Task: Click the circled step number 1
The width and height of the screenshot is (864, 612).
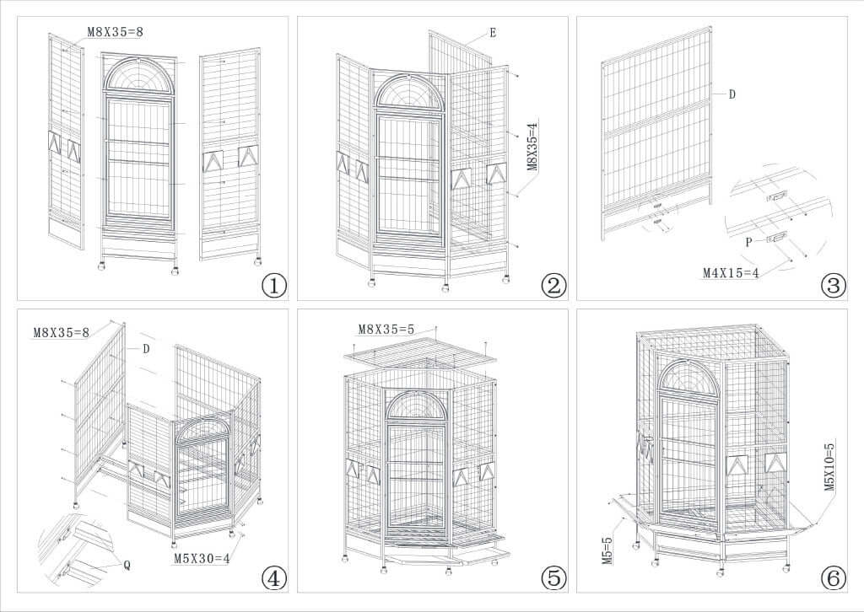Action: (x=274, y=286)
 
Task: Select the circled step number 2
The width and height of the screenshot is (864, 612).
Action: (x=553, y=286)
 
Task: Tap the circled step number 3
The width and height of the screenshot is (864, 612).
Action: (x=833, y=286)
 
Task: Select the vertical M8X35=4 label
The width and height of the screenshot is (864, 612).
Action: (x=532, y=148)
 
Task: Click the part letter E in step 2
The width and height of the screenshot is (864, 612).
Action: (x=491, y=35)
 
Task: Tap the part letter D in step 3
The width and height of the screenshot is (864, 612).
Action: (x=732, y=94)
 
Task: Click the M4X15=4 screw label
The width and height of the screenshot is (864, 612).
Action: (x=732, y=272)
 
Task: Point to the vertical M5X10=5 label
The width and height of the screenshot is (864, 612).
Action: (x=829, y=466)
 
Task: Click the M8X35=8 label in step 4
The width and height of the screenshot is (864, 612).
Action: (x=62, y=332)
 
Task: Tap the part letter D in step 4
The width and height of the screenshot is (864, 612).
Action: (x=145, y=347)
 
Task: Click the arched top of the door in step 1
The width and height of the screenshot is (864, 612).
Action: (x=139, y=74)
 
